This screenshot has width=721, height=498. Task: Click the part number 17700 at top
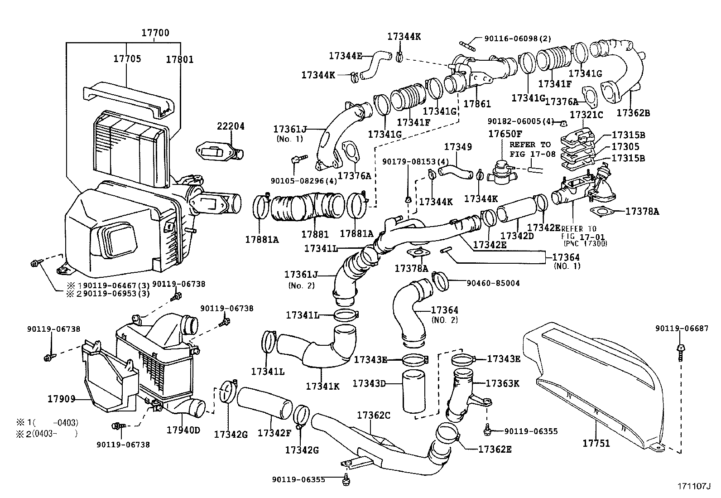[155, 33]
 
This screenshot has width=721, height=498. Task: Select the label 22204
[231, 126]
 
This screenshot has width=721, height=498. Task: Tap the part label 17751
[597, 443]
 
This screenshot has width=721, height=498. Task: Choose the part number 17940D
[183, 430]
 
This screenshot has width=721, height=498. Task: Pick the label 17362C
[373, 415]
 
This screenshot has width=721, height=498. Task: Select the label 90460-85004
[493, 283]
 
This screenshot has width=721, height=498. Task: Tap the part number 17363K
[502, 383]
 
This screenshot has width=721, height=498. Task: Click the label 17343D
[369, 384]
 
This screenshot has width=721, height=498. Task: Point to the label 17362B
[633, 112]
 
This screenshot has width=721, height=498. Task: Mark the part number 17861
[477, 104]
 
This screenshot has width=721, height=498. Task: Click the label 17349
[458, 147]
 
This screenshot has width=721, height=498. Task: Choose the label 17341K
[322, 386]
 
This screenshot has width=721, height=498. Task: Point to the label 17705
[127, 58]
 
